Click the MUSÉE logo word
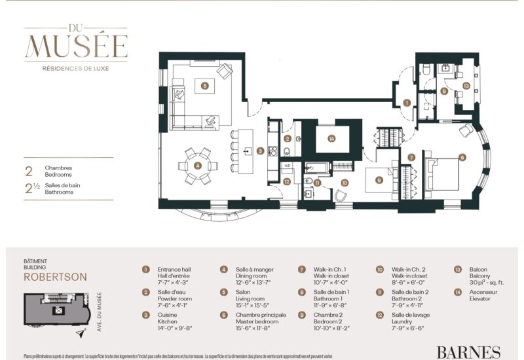tap(76, 46)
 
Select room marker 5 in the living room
tap(205, 85)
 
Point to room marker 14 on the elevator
tap(332, 138)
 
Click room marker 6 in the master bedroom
tap(462, 157)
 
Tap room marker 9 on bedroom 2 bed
tap(378, 180)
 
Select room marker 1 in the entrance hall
tap(407, 103)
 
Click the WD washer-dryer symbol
tap(287, 166)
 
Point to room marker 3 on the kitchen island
tap(260, 151)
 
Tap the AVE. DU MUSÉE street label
tap(98, 310)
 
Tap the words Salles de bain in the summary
tap(62, 187)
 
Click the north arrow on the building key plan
tap(81, 334)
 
